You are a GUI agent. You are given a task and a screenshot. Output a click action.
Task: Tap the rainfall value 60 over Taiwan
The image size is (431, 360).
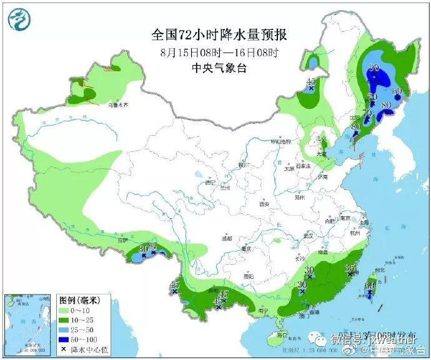(x=369, y=286)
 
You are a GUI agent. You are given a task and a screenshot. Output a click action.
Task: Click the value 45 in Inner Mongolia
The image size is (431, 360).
(x=311, y=82)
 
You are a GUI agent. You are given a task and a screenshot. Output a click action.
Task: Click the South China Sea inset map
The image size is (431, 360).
(x=29, y=324)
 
